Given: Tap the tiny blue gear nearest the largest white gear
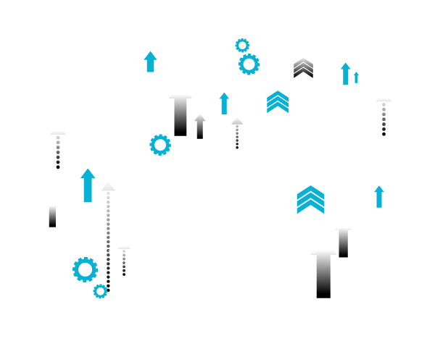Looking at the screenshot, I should [242, 46].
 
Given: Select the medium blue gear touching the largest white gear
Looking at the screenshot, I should [249, 64].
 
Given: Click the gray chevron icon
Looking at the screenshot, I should [303, 67].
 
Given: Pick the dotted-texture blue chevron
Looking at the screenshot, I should [277, 102].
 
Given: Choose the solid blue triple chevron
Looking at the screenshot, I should [310, 200].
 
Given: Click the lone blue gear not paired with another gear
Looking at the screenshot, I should [159, 145].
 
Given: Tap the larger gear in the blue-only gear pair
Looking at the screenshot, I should [85, 269].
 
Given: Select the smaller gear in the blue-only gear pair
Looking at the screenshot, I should [100, 291].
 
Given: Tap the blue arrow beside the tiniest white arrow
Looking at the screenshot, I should [150, 62].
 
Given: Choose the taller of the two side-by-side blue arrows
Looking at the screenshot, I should [346, 73].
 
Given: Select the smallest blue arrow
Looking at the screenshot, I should [356, 77].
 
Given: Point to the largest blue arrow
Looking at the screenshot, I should [88, 185].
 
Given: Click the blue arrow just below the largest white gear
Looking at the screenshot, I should [224, 103].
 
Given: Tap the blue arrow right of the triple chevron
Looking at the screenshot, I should [378, 196].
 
